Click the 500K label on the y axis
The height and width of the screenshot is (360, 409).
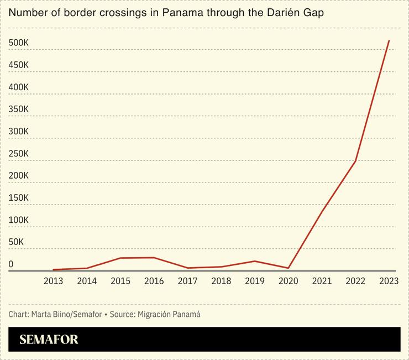(x=18, y=43)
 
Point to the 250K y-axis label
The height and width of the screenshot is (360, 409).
(x=18, y=154)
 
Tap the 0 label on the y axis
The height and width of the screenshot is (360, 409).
(x=11, y=264)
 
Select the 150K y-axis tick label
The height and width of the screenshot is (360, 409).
(x=18, y=198)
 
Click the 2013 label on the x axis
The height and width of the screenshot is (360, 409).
(x=53, y=281)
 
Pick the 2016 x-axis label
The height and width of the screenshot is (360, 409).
(x=154, y=281)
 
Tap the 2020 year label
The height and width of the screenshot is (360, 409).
(x=288, y=281)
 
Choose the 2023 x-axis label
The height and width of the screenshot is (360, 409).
(x=389, y=281)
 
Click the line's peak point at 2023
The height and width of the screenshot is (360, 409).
(x=389, y=40)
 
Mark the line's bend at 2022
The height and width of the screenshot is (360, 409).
(x=355, y=161)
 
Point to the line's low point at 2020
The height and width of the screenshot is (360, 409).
(x=288, y=268)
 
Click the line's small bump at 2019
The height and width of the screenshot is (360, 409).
(x=254, y=261)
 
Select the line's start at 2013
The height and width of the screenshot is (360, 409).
(x=53, y=270)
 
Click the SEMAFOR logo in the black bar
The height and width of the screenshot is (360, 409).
(x=49, y=340)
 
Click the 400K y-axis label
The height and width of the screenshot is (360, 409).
(x=18, y=87)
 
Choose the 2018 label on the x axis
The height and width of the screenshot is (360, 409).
(x=221, y=281)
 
